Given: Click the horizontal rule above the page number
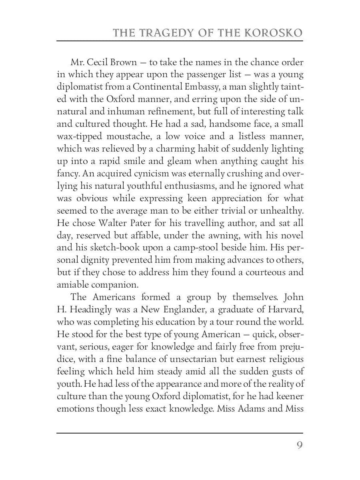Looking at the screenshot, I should click(x=180, y=432).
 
